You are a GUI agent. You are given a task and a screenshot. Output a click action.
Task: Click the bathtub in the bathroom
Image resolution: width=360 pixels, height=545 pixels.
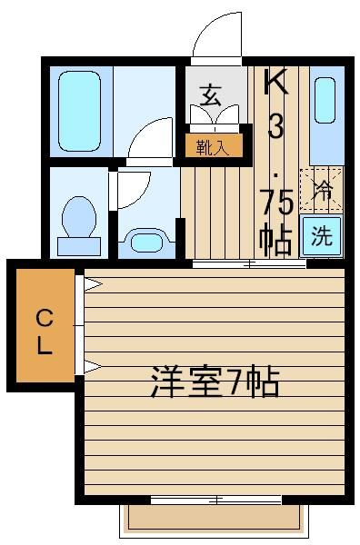tap(80, 111)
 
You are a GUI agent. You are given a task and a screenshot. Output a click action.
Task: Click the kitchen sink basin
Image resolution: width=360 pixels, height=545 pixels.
tap(325, 101)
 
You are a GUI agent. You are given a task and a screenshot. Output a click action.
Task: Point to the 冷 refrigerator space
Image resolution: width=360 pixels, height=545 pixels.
tap(322, 190)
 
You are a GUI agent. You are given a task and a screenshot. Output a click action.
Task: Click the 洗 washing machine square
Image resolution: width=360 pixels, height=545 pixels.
tap(322, 236)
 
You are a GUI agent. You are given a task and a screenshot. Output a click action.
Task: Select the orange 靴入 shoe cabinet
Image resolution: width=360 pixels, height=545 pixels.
tap(214, 145)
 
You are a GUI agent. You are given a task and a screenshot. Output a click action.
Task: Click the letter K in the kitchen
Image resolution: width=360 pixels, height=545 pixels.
tap(275, 81)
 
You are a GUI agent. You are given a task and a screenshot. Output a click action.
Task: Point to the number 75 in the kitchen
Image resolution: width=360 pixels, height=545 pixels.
tap(278, 204)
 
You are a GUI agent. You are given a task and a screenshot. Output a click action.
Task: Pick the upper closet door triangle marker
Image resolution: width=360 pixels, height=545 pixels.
tap(92, 284)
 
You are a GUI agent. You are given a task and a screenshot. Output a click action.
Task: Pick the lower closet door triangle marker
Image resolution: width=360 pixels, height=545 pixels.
tap(92, 367)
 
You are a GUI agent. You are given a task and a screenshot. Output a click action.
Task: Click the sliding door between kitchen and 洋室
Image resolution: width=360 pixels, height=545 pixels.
tap(249, 264)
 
